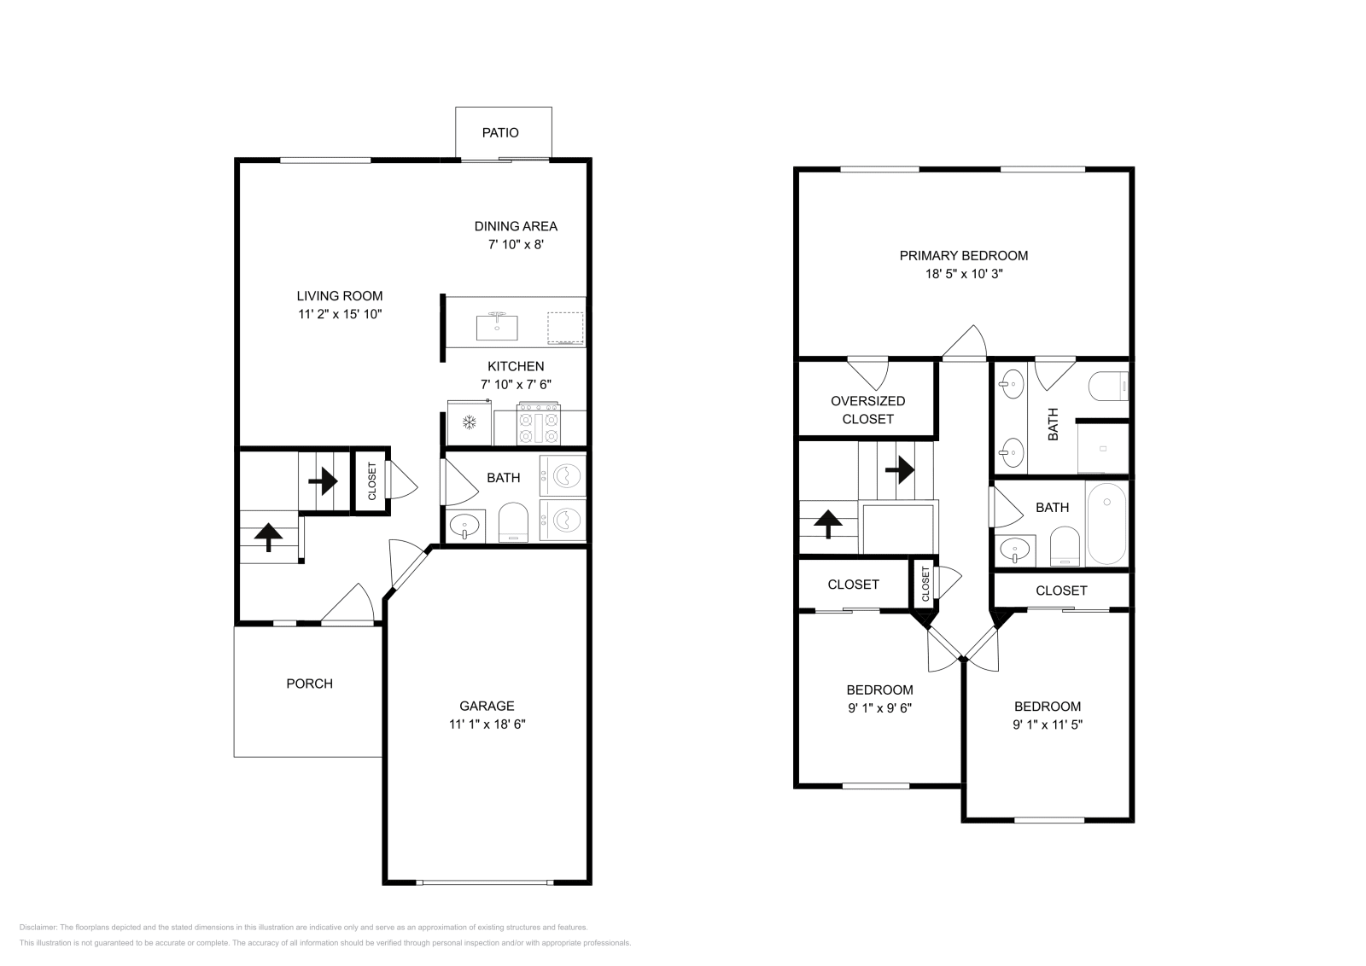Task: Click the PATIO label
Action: pos(500,133)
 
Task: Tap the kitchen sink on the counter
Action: pos(497,328)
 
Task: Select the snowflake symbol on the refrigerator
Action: pos(469,422)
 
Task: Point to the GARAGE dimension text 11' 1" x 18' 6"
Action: pos(487,724)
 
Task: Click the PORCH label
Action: pos(310,684)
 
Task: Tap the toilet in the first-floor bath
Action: pos(513,523)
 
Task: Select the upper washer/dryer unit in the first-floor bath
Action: pos(563,475)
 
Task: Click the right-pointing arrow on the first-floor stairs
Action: pos(324,481)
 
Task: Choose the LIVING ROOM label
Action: pos(340,296)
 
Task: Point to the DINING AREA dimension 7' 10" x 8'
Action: pos(516,244)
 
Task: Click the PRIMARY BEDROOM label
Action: pos(964,256)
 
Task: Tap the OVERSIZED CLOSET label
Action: pos(867,410)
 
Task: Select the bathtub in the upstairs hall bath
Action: pos(1106,523)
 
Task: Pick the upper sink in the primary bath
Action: pos(1012,384)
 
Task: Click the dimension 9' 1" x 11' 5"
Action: pos(1048,724)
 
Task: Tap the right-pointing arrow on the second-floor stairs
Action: pos(900,470)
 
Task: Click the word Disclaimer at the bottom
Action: pos(38,927)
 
